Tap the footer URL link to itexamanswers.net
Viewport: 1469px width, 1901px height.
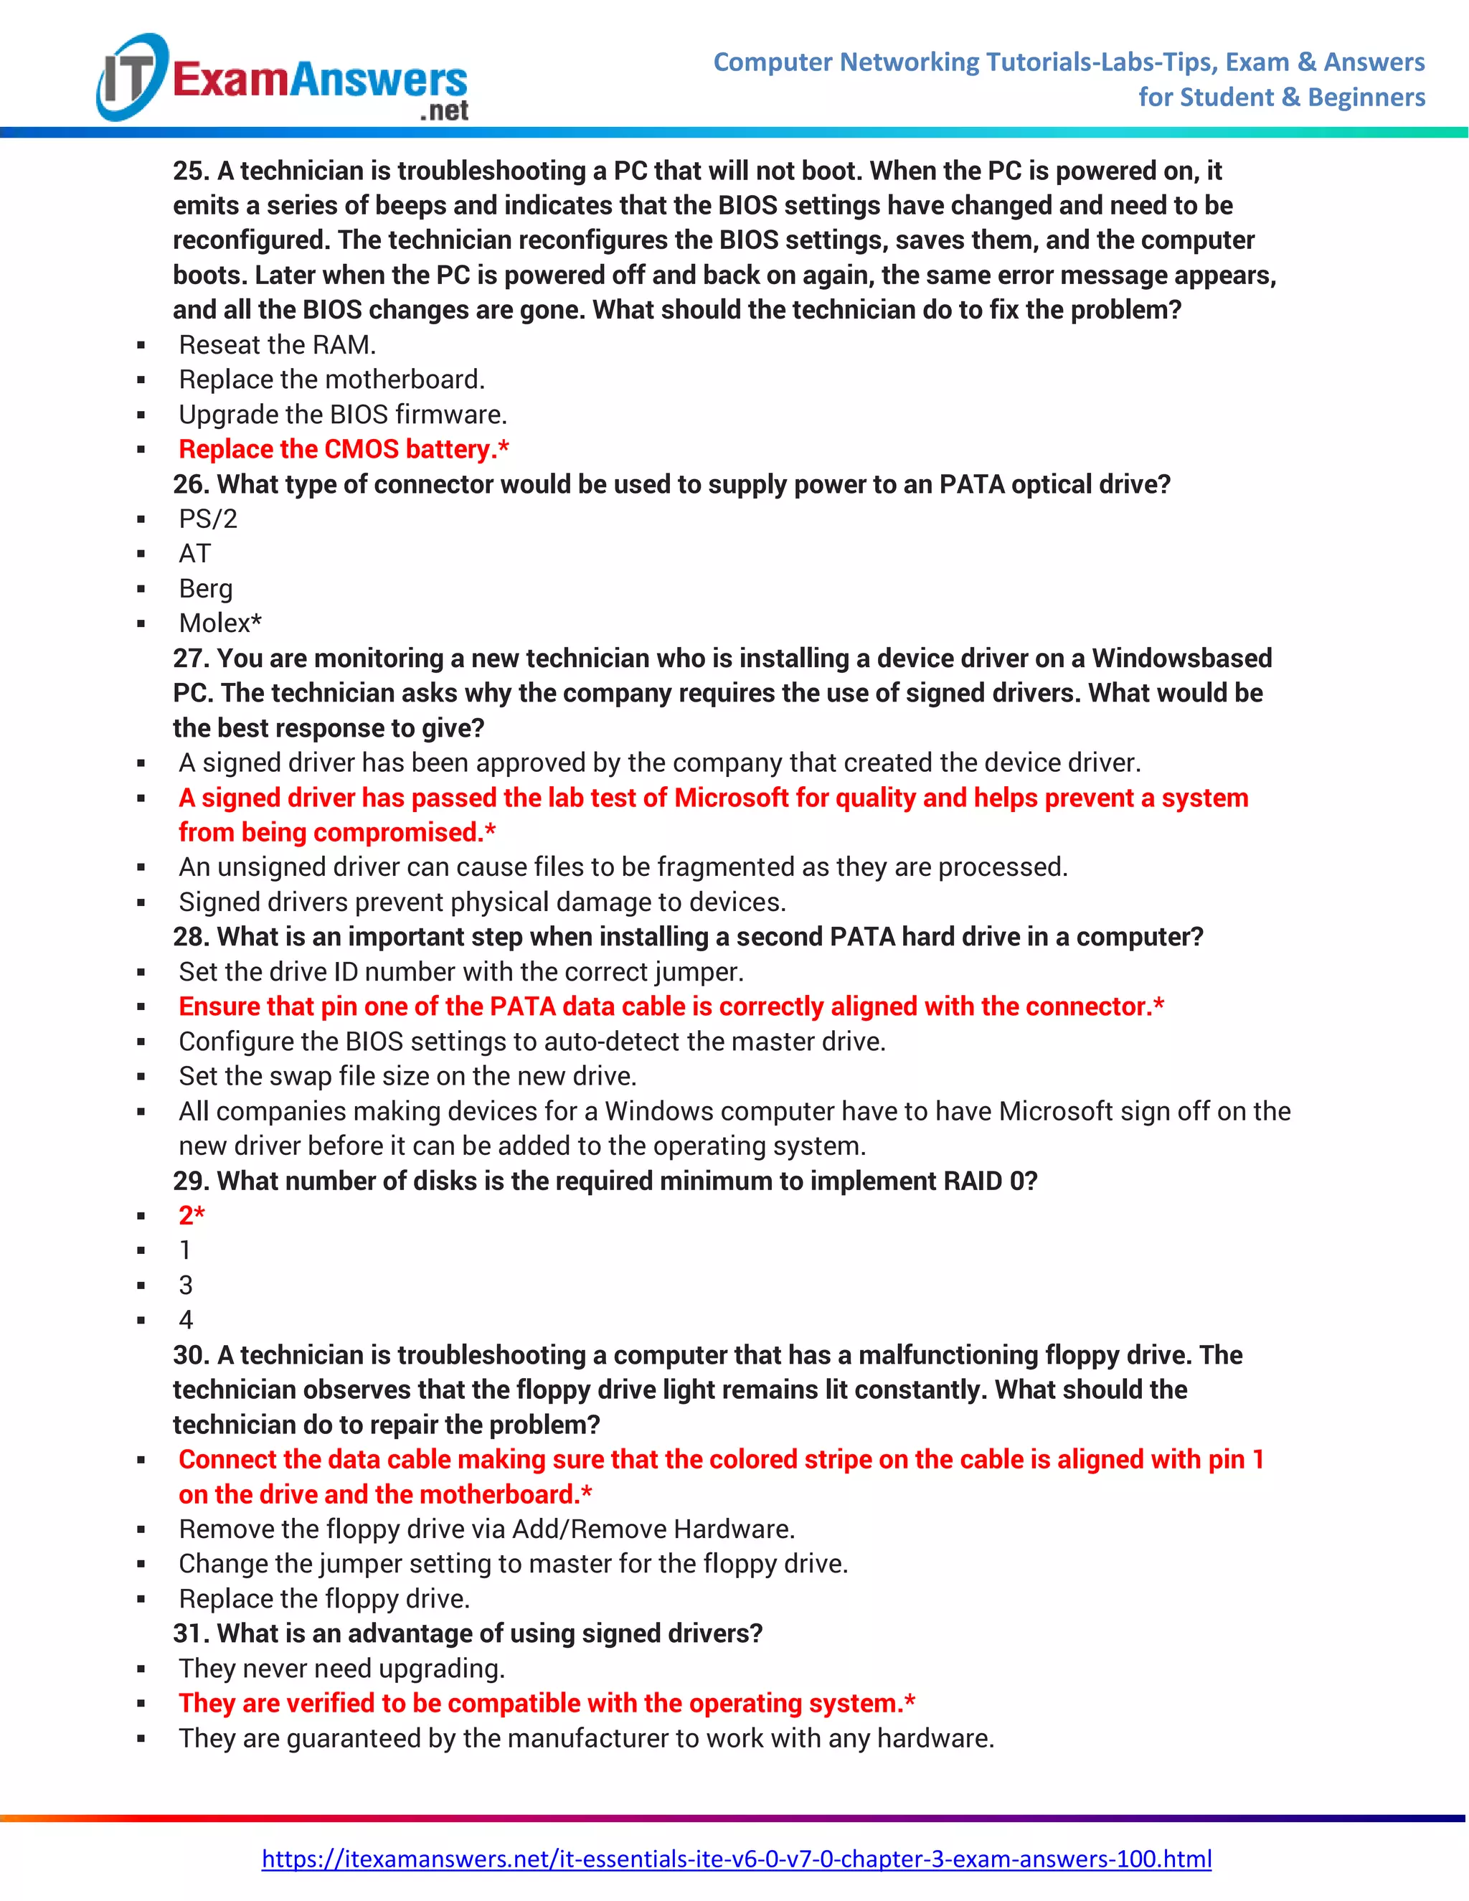[736, 1859]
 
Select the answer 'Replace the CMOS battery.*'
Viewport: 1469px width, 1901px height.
[344, 449]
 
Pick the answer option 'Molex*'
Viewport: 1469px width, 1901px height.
[220, 623]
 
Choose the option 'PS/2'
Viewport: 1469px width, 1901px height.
[208, 519]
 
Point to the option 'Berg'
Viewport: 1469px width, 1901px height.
[205, 588]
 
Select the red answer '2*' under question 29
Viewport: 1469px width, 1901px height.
[192, 1215]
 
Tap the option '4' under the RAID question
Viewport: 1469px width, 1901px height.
[185, 1319]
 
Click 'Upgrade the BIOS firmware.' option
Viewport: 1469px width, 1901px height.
[343, 415]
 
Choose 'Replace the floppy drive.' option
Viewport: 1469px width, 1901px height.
[323, 1598]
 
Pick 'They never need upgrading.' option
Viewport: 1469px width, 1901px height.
[342, 1668]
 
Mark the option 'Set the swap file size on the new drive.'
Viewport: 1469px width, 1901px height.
[407, 1076]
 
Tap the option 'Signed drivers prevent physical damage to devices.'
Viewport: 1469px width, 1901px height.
[482, 902]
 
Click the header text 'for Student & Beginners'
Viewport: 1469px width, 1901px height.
[1281, 97]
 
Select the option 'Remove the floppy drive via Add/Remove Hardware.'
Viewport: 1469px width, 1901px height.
[486, 1529]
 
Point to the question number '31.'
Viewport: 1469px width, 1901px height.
[191, 1633]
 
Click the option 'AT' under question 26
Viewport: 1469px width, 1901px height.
[195, 554]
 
